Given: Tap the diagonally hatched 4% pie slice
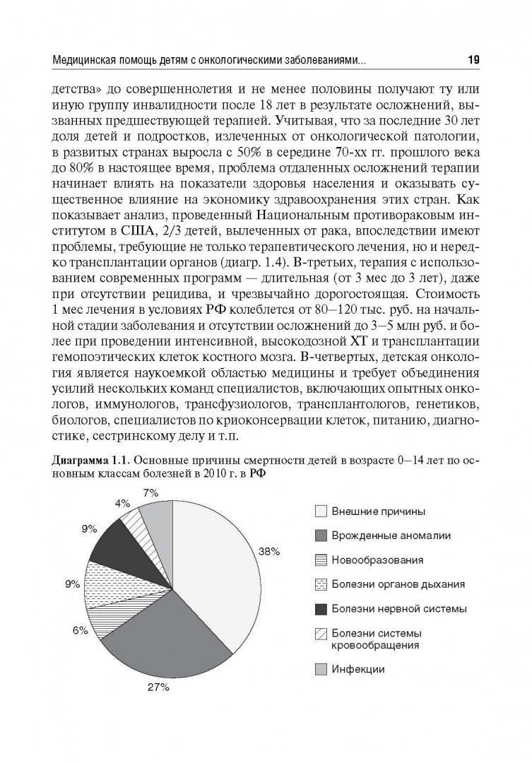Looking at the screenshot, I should point(131,524).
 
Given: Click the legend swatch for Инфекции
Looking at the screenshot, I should point(320,669).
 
